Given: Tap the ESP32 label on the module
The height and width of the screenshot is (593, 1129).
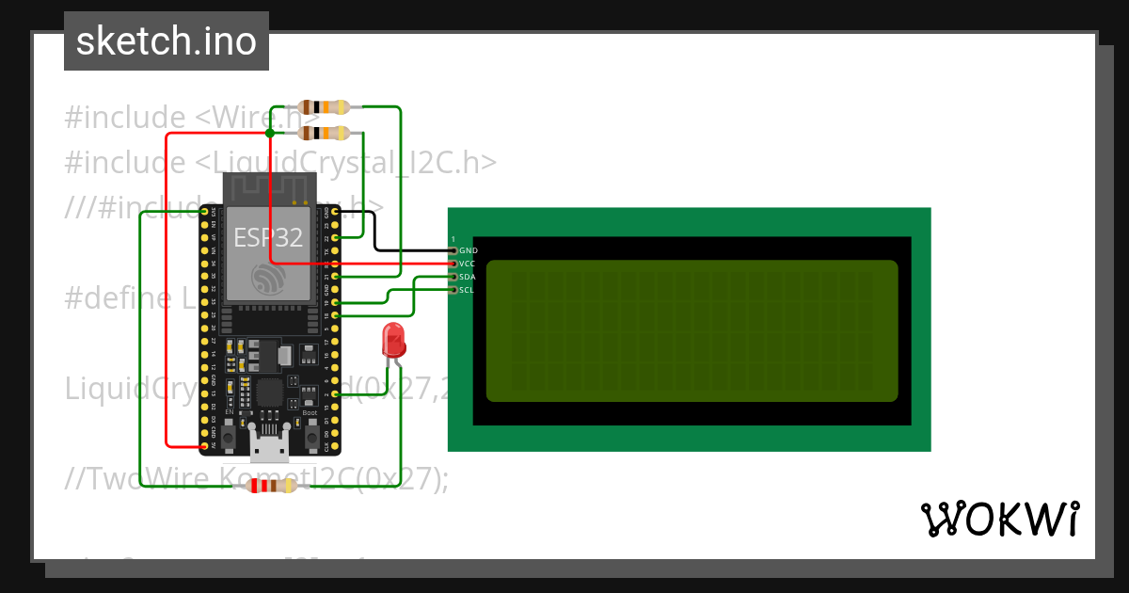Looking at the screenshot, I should pos(268,237).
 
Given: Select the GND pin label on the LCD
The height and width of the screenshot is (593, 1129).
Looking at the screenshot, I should pos(468,251).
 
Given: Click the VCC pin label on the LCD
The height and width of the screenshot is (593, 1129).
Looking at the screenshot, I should pos(468,264).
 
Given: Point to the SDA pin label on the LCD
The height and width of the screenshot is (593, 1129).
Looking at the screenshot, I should pos(468,277).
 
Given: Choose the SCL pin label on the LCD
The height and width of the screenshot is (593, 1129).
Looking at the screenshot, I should pos(468,290).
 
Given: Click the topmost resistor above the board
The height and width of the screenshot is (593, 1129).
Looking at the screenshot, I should pos(324,106).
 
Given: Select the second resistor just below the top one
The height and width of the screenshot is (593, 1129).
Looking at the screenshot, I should pos(324,133).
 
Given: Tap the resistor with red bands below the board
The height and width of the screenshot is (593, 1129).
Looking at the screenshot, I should pos(271,486).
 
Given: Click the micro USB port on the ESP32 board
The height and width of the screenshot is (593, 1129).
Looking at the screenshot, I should pos(271,450).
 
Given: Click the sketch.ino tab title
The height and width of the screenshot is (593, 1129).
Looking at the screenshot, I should pos(167,41).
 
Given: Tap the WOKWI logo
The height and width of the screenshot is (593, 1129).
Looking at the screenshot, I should pos(999,519).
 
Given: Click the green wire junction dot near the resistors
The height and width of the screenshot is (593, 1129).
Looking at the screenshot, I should pos(270,133).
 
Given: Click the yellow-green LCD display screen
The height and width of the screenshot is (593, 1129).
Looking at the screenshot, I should pos(692,330).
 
